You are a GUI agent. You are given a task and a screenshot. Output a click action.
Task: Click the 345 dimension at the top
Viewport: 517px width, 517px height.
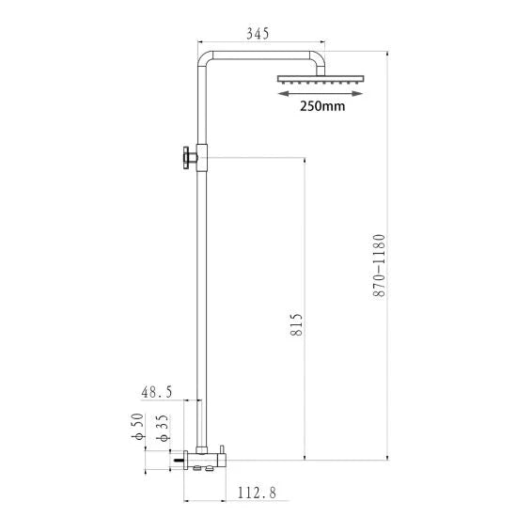257,34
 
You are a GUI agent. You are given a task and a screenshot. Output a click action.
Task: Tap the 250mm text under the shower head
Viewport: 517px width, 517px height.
321,105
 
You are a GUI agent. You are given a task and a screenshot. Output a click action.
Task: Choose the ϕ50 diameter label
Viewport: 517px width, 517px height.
138,424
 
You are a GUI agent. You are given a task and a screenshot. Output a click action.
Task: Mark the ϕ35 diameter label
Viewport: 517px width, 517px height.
164,424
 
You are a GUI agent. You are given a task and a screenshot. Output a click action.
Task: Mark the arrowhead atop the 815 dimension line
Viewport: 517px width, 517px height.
305,162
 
